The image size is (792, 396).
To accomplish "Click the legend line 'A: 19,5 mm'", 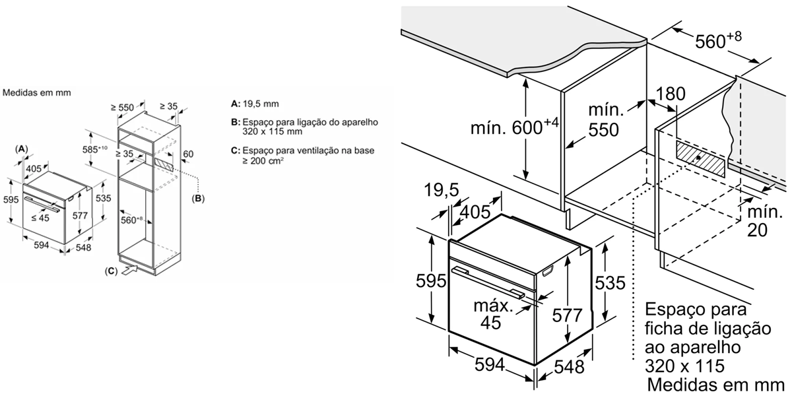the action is coord(255,104).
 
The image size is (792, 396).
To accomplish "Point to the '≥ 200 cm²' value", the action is coord(263,161).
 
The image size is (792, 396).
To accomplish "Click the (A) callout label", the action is coord(22,149).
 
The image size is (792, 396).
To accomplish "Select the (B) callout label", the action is coord(198,199).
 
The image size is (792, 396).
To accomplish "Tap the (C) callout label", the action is coord(111,271).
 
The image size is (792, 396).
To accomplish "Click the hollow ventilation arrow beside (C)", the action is coord(129,270).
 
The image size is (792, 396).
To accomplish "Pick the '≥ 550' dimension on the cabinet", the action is coord(122,107).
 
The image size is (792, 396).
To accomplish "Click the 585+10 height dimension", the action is coord(95,149).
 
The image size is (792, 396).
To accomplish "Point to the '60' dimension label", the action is coord(188,154).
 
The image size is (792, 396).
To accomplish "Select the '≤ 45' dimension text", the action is coord(40,218).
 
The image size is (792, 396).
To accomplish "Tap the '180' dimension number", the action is coord(671,94).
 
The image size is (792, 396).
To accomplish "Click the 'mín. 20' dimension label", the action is coord(764,221).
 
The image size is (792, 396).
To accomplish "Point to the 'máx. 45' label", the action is coord(493,314).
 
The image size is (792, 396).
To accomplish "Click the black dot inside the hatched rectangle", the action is coord(699,158).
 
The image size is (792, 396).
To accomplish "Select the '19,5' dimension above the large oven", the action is coord(442,190).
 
